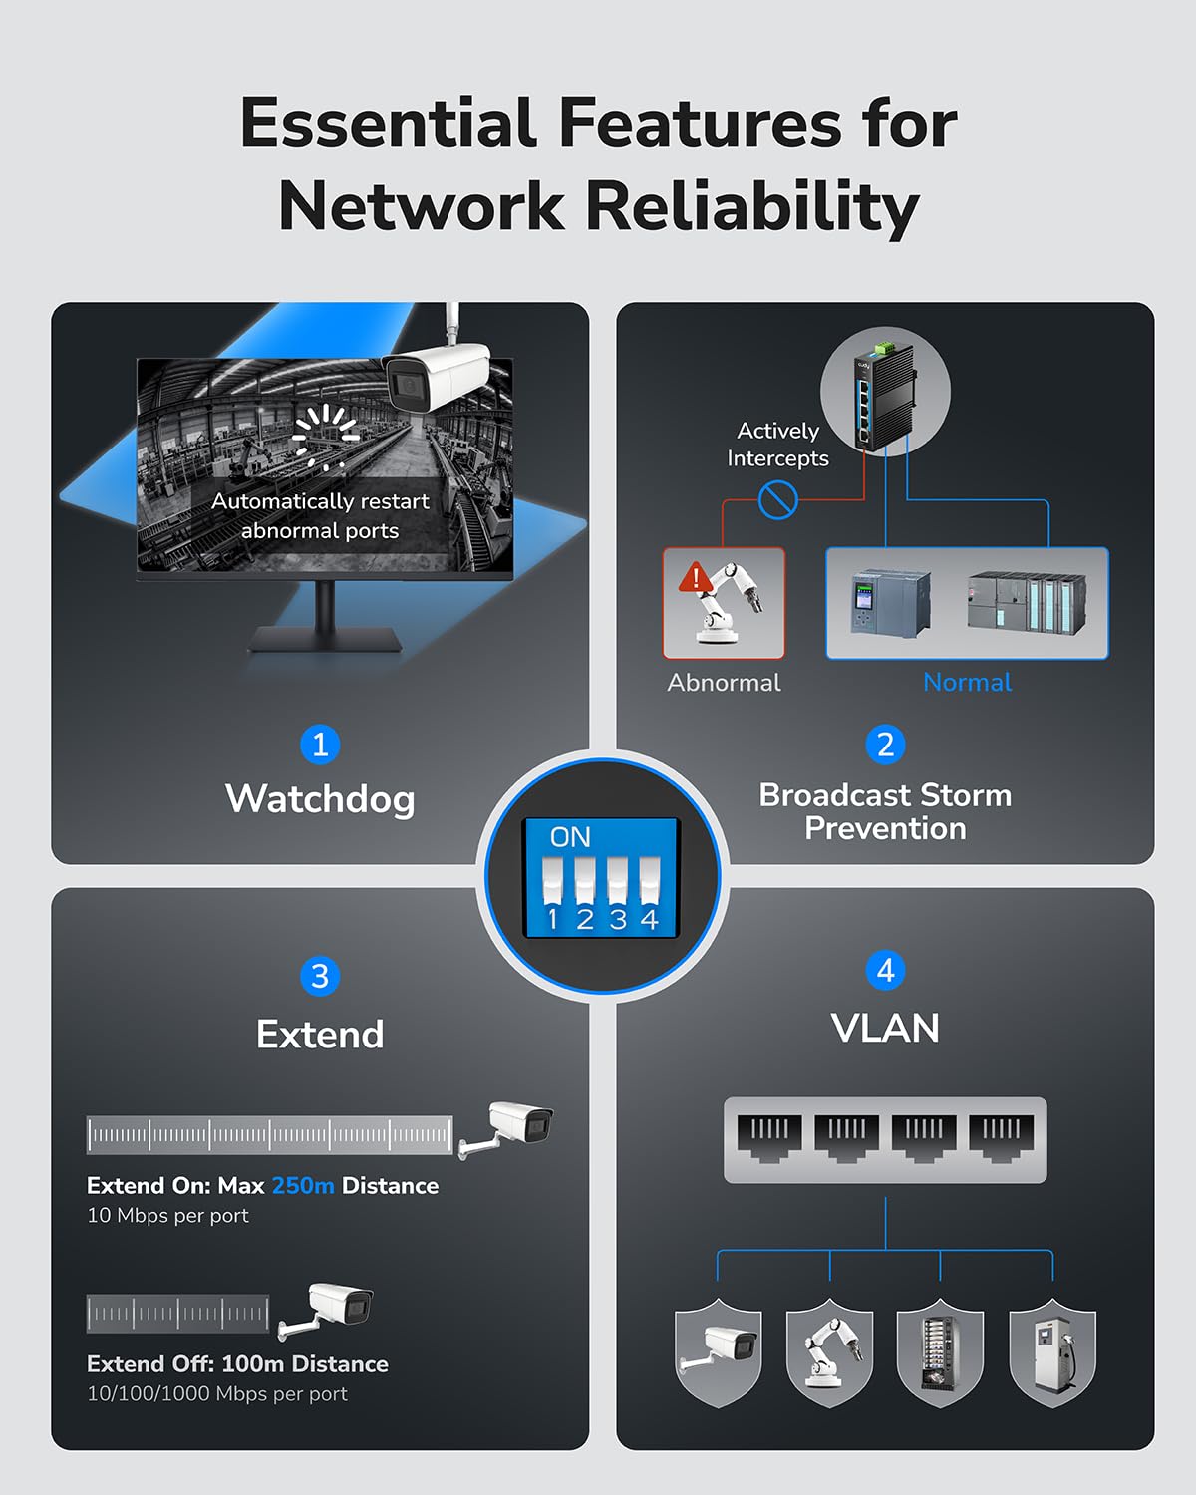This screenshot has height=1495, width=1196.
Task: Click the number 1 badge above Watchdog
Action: coord(320,745)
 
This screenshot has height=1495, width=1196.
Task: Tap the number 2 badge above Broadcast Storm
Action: coord(885,745)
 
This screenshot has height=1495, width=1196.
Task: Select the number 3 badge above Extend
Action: coord(320,976)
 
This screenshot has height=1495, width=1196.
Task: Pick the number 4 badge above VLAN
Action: coord(885,970)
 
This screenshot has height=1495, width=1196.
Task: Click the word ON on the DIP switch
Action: coord(570,837)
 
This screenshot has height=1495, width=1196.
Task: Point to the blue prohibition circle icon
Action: coord(777,499)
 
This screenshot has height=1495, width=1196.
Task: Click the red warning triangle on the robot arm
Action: coord(694,577)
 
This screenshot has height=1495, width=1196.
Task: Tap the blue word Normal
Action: coord(967,683)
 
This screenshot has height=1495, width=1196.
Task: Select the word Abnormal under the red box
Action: coord(724,683)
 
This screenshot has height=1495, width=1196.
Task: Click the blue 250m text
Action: coord(303,1186)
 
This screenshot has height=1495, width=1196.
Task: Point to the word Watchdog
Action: coord(320,799)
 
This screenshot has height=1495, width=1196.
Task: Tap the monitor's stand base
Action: coord(325,640)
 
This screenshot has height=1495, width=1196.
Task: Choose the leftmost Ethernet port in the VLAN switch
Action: coord(768,1138)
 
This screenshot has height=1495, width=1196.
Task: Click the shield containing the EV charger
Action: coord(1052,1353)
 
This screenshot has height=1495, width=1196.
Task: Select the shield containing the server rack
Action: coord(940,1353)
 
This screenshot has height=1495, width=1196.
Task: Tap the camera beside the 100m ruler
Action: coord(329,1307)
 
